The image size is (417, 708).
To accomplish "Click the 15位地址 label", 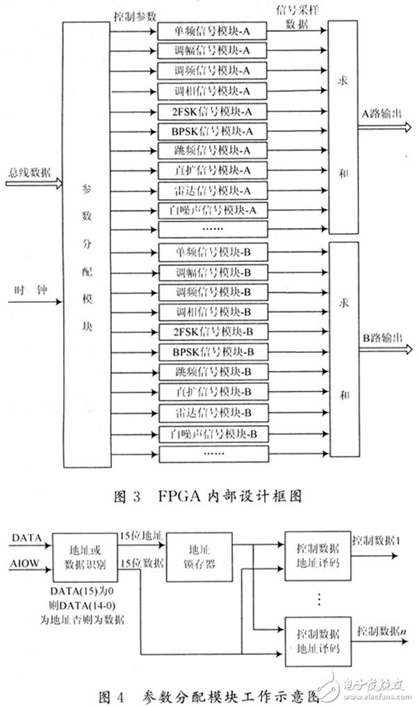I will [x=140, y=535].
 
